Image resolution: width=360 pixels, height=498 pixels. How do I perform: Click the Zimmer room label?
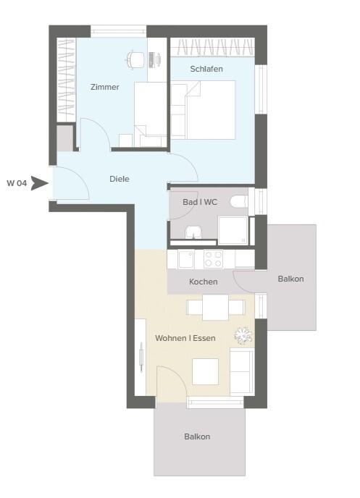[x=105, y=87]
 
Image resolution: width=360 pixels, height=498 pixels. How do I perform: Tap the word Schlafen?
[x=206, y=69]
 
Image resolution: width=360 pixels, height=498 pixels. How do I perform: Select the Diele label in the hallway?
[x=119, y=179]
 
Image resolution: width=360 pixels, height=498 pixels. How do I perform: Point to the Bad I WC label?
[x=200, y=202]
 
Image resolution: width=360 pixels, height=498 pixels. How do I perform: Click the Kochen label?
[x=204, y=282]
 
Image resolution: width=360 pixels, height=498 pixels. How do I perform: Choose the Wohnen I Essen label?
[x=185, y=338]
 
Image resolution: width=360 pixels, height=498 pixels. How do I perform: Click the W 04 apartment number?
[x=17, y=183]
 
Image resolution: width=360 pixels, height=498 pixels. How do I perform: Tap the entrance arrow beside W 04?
[x=39, y=184]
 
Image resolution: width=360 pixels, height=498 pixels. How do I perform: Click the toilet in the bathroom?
[x=239, y=202]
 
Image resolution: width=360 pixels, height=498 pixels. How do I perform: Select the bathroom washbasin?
[x=193, y=232]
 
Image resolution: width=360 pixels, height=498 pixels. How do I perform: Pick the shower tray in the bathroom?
[x=233, y=231]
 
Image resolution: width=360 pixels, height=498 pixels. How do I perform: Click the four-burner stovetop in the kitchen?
[x=213, y=259]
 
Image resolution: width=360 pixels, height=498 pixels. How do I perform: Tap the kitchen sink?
[x=186, y=259]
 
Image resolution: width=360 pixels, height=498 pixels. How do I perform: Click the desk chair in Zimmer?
[x=135, y=59]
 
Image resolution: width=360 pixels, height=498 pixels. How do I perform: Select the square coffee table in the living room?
[x=205, y=371]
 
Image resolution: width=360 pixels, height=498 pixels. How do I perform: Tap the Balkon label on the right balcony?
[x=290, y=279]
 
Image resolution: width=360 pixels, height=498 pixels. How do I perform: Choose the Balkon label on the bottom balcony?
[x=197, y=436]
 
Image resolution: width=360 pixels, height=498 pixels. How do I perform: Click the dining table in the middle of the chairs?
[x=215, y=308]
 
